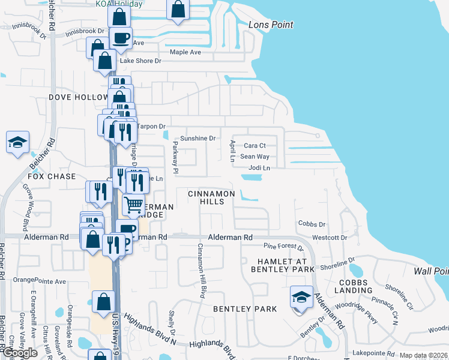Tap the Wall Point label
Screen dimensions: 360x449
tap(432, 271)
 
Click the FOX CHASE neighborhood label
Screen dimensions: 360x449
tap(52, 176)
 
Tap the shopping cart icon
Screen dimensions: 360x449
tap(134, 205)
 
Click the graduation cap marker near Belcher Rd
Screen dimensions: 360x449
tap(18, 143)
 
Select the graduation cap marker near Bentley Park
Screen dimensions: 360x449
tap(301, 296)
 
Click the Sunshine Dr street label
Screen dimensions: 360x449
tap(197, 138)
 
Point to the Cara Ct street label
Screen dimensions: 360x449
tap(255, 146)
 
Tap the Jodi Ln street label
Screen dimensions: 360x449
tap(259, 168)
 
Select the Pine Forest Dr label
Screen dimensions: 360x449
tap(285, 246)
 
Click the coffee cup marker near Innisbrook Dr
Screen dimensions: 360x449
tap(121, 38)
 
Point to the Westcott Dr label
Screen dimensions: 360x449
tap(330, 238)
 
